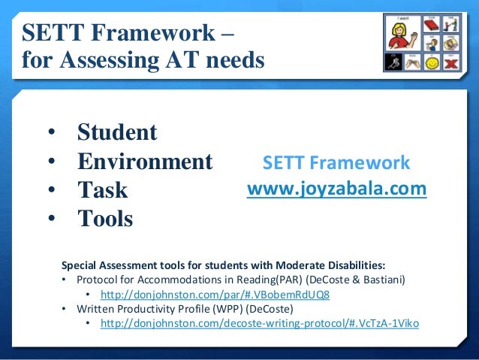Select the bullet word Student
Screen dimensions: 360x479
[x=117, y=132]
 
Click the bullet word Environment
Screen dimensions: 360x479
[x=145, y=162]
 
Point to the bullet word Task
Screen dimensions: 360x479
[x=103, y=190]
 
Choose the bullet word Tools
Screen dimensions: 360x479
[x=105, y=219]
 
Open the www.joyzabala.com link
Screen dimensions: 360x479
[x=337, y=188]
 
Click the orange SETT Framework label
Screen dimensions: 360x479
[x=336, y=163]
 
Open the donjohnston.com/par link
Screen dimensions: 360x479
[x=215, y=294]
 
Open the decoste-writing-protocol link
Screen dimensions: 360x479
[x=259, y=323]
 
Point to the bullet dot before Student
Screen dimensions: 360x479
[x=51, y=133]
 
